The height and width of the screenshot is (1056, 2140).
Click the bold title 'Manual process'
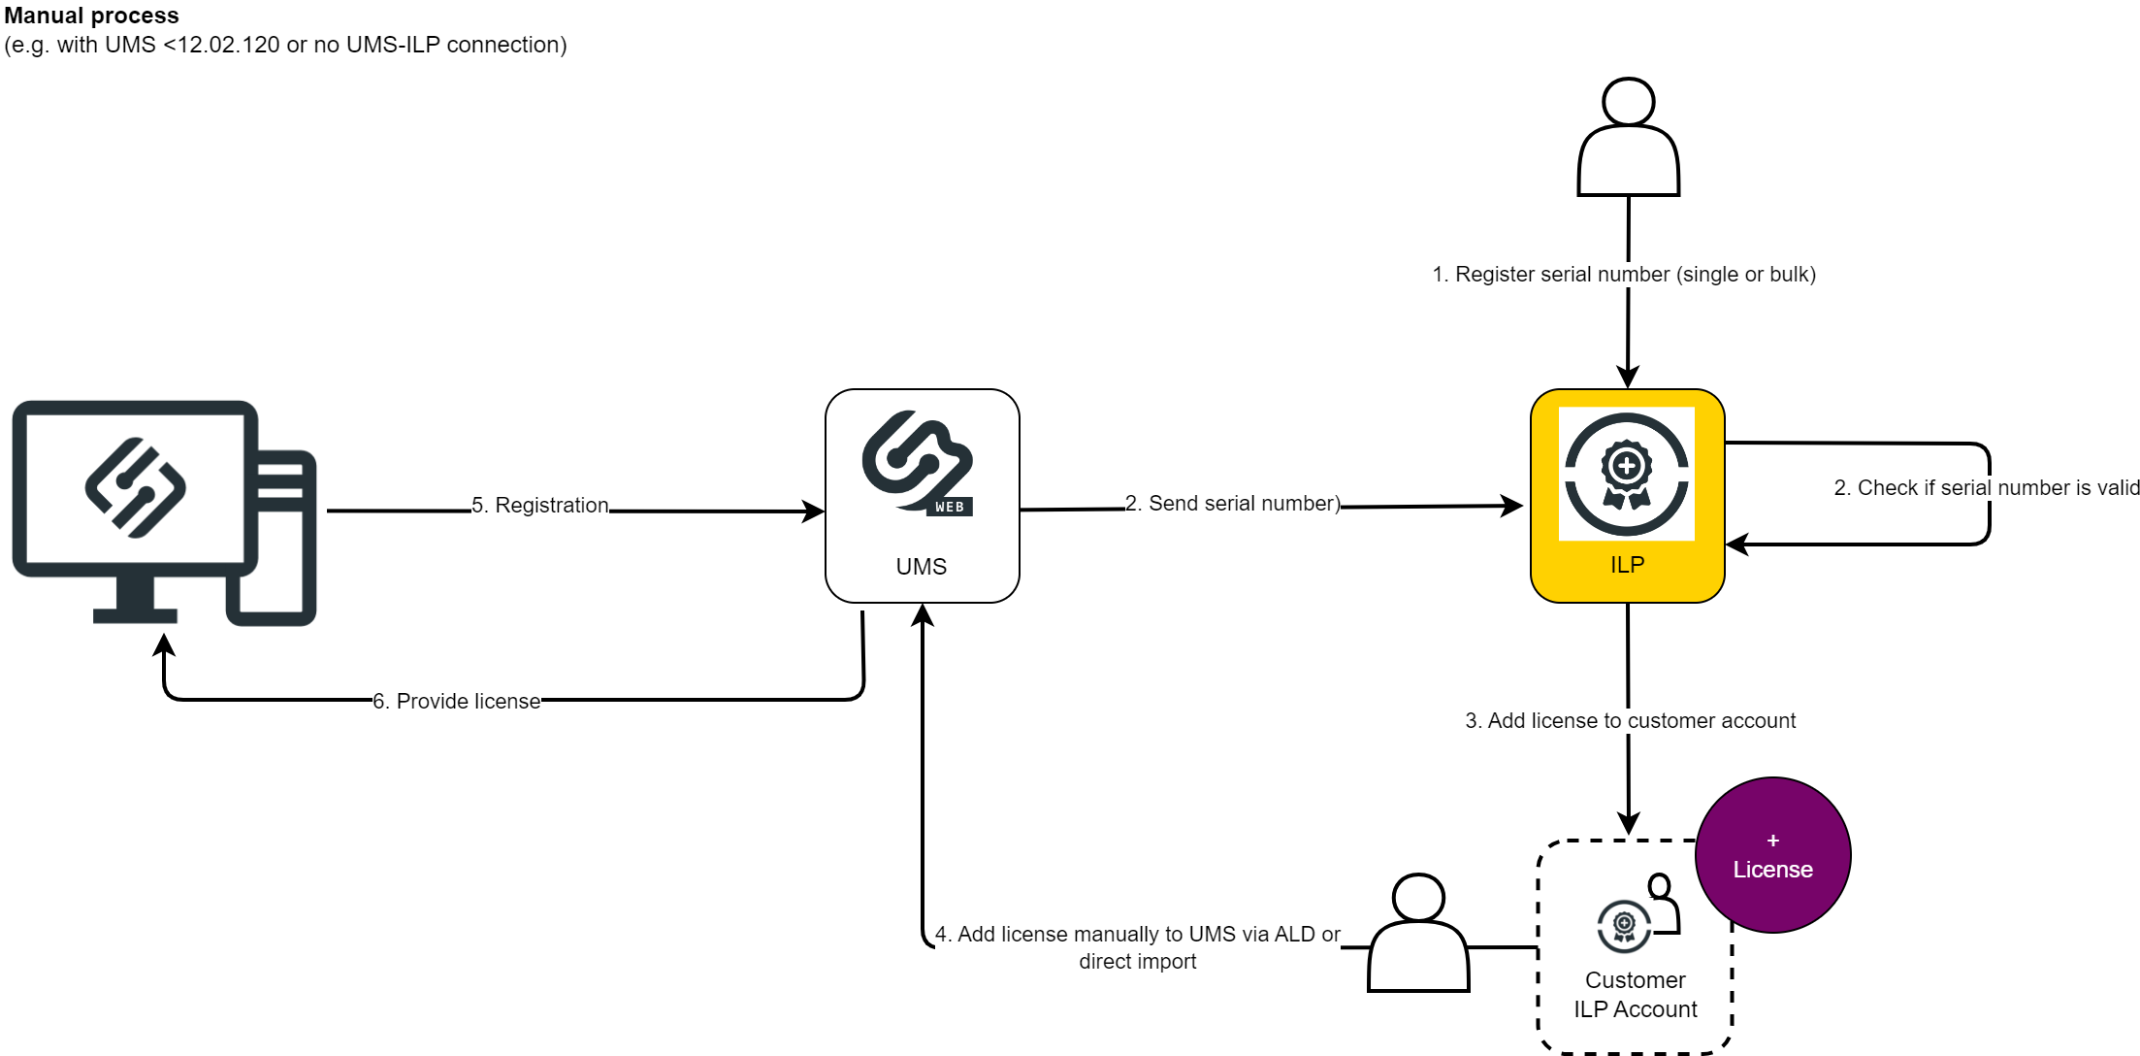click(x=92, y=16)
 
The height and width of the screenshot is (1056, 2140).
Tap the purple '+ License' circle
click(x=1772, y=855)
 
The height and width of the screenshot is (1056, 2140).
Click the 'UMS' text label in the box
click(x=921, y=567)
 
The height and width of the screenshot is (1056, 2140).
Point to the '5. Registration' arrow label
click(x=540, y=506)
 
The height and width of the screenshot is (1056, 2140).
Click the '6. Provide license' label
click(x=457, y=701)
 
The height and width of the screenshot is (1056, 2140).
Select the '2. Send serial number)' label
click(x=1232, y=504)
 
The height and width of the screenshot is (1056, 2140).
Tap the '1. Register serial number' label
click(x=1624, y=275)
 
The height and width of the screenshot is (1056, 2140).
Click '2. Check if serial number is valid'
click(x=1986, y=488)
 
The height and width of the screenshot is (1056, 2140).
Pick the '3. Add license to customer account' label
click(x=1630, y=721)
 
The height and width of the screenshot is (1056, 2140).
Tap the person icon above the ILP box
click(x=1628, y=138)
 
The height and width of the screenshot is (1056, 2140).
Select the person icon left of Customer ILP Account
click(x=1418, y=934)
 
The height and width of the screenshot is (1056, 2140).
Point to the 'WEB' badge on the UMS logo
click(x=950, y=508)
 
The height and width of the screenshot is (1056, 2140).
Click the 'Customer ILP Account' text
click(x=1635, y=995)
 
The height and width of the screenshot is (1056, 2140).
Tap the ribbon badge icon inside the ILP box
click(x=1627, y=474)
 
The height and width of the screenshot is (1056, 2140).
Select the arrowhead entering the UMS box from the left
click(x=814, y=511)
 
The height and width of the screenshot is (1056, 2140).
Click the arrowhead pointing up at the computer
click(x=165, y=644)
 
